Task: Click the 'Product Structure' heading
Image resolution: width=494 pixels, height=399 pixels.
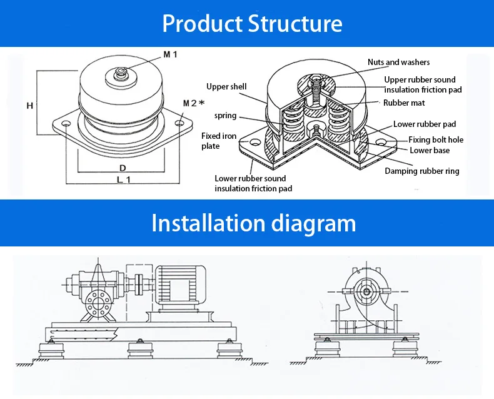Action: tap(252, 24)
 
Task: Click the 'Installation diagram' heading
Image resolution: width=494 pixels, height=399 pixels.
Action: tap(253, 223)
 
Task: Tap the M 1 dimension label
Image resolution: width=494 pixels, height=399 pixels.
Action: tap(171, 55)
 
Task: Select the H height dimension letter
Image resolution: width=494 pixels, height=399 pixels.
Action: tap(29, 106)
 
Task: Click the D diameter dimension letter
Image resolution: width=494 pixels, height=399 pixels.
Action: tap(123, 168)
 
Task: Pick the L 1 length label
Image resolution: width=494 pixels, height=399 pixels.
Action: tap(123, 179)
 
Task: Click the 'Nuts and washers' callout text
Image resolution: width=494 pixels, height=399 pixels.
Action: tap(398, 63)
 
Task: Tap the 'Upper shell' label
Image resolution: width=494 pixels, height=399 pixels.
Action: tap(226, 87)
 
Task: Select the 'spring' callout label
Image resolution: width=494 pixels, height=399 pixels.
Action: tap(225, 116)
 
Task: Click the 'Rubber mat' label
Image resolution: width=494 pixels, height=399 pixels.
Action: tap(404, 103)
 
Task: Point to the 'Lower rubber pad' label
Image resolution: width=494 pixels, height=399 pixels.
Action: tap(425, 124)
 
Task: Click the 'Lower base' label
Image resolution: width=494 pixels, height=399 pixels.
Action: tap(430, 151)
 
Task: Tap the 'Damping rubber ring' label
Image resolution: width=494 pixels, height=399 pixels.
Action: tap(421, 171)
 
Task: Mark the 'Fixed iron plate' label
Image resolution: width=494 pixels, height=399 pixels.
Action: tap(219, 141)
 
